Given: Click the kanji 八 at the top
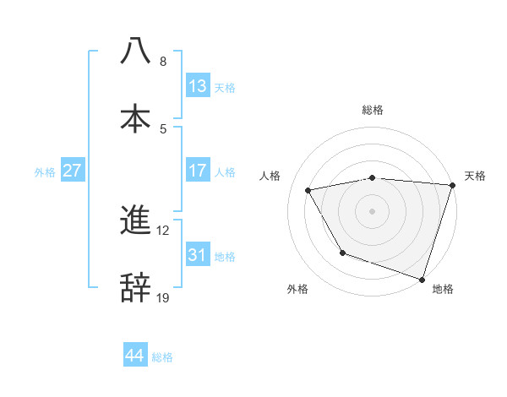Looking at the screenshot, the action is [136, 52].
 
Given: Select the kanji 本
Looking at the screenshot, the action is [136, 117].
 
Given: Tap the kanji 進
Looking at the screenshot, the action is [136, 220].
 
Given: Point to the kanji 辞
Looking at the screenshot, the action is [136, 287].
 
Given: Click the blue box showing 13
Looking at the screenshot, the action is [198, 86].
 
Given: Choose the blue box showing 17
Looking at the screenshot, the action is [198, 171].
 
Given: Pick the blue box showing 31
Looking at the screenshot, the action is [198, 255].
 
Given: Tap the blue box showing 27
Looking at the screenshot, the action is [73, 171].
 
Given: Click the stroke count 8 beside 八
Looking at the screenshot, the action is [163, 62].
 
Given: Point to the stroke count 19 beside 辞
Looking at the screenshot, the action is [163, 297].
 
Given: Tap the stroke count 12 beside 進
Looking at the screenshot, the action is [163, 230].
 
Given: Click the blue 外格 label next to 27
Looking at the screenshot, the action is [45, 171].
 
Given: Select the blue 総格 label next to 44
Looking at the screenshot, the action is [163, 357].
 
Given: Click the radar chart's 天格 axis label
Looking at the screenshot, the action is [475, 176].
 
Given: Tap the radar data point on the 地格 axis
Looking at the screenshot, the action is [422, 279].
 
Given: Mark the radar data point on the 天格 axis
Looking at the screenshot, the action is [453, 185].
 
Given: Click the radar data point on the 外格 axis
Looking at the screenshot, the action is [342, 253].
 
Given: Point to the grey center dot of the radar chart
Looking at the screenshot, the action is [373, 211].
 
